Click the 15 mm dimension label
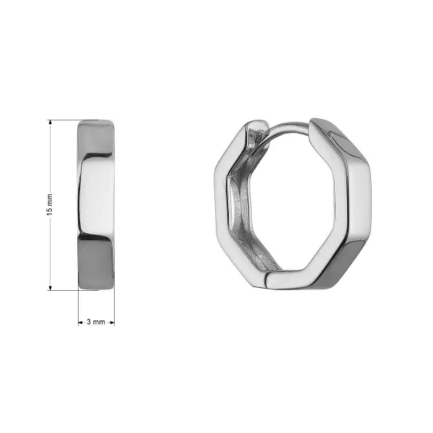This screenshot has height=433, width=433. point(49,205)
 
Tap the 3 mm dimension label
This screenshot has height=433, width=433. point(96,322)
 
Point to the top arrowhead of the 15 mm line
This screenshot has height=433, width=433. point(50,123)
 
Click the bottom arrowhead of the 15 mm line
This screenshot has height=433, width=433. point(50,288)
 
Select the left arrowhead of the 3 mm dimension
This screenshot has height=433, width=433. point(80,323)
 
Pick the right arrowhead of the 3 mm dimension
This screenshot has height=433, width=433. point(112,323)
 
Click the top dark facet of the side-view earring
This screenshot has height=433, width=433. point(95,138)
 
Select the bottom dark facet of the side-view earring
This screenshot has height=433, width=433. point(96,263)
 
